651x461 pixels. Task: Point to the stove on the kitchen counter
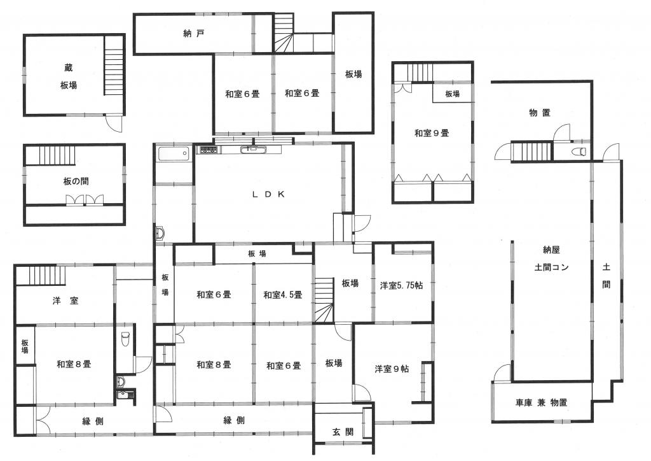click(x=209, y=150)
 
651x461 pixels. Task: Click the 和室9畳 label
click(x=432, y=134)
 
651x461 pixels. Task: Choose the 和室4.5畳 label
click(x=283, y=294)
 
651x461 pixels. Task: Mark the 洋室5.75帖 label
click(x=402, y=286)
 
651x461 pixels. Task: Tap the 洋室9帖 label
click(x=392, y=369)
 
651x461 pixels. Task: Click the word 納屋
click(x=551, y=250)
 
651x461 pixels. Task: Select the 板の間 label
click(x=76, y=181)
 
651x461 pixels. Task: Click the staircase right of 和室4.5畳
click(x=324, y=299)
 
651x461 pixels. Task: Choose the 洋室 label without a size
click(x=65, y=301)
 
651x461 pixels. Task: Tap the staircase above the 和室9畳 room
click(x=419, y=73)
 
